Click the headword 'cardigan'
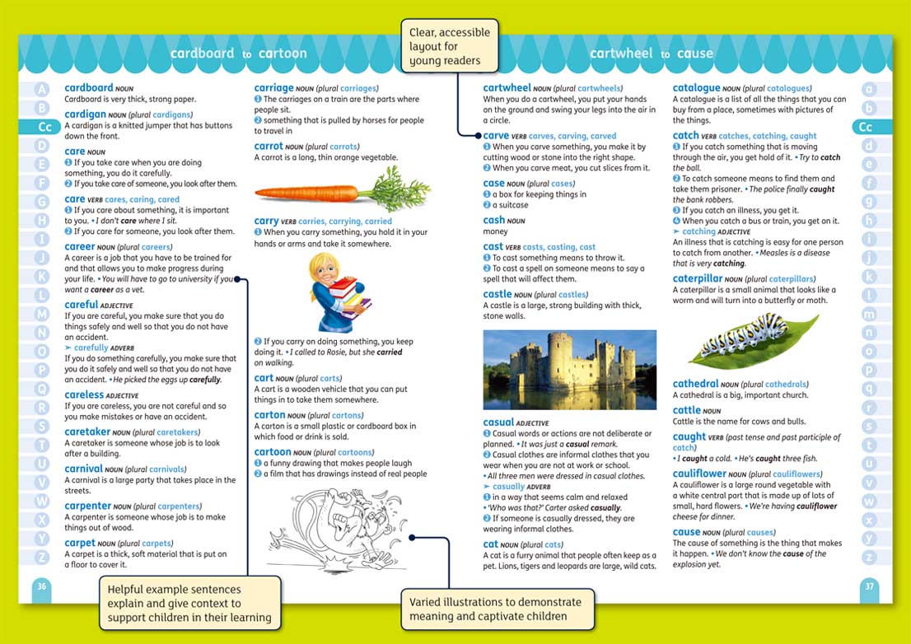[85, 114]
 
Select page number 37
[868, 586]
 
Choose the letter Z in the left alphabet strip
[43, 557]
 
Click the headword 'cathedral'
[695, 384]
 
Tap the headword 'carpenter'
[87, 506]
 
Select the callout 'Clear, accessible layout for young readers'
[450, 46]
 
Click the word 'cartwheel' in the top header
[619, 54]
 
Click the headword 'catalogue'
[696, 88]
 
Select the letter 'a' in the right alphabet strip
[868, 89]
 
